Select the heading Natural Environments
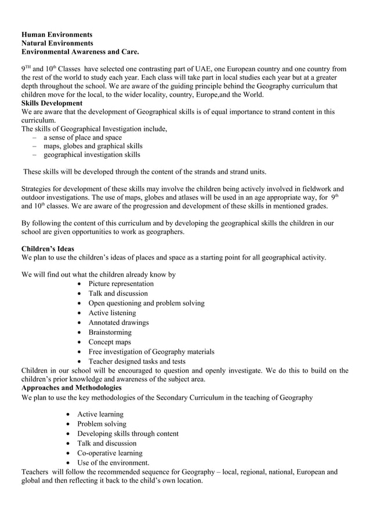pos(57,43)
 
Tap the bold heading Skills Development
pos(52,103)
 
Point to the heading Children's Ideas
pos(48,248)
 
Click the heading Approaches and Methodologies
pos(71,387)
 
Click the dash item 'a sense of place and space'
pos(82,137)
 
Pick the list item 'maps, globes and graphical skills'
pos(93,146)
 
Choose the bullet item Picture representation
pos(121,284)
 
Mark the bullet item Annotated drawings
pos(118,323)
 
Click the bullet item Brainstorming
pos(110,332)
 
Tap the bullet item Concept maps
pos(110,342)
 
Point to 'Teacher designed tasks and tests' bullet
pos(137,361)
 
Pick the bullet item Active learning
pos(100,414)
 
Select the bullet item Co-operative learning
pos(110,453)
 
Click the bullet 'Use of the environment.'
pos(113,463)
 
